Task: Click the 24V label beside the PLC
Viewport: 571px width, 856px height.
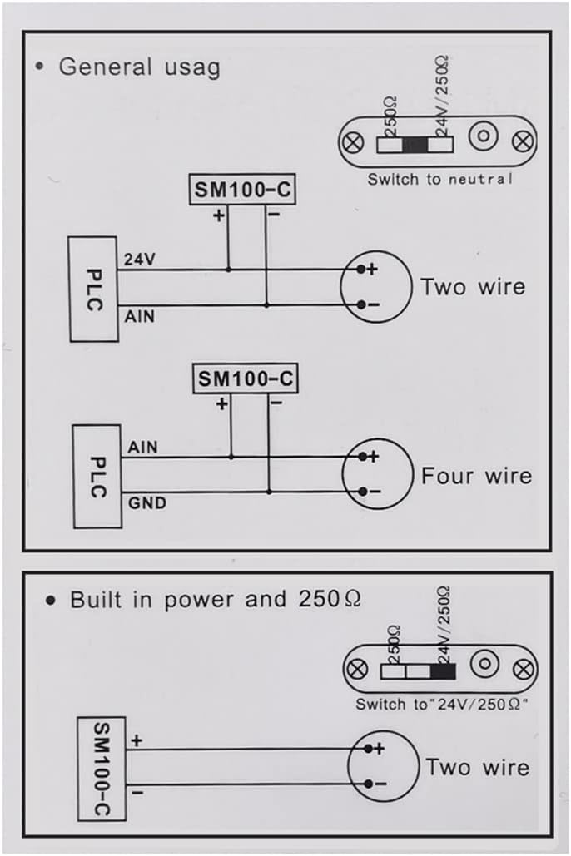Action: [139, 260]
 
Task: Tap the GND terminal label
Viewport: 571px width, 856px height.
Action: [147, 502]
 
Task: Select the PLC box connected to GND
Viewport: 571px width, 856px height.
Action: [97, 477]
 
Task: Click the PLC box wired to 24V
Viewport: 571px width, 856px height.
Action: [93, 289]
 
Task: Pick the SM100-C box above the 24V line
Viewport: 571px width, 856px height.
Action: [242, 190]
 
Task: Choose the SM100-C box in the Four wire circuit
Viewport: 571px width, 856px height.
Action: [246, 379]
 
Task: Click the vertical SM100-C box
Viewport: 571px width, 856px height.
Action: [102, 769]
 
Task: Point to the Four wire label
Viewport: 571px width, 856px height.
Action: [476, 476]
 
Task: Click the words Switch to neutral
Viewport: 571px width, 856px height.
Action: [439, 179]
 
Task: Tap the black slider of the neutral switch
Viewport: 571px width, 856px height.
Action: [415, 145]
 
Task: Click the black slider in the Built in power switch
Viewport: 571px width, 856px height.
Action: [443, 671]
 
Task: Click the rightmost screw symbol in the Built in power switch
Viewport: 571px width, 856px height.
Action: [524, 669]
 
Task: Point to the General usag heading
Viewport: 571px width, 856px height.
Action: [139, 67]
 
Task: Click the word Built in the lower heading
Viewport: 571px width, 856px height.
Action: [97, 600]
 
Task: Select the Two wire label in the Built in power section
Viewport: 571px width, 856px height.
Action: [478, 767]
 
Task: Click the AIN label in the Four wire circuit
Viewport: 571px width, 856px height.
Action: [142, 447]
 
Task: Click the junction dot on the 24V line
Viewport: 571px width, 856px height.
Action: [228, 270]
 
